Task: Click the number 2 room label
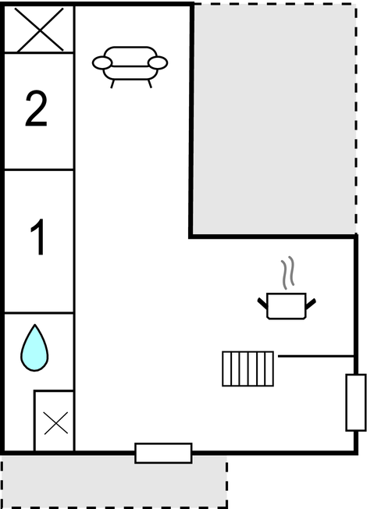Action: tap(36, 109)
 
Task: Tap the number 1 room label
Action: tap(38, 237)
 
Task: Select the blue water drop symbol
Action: tap(34, 347)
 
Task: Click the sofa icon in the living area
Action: tap(130, 67)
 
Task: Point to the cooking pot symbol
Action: tap(287, 306)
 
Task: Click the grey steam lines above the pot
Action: tap(287, 272)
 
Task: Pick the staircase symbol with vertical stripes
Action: tap(248, 368)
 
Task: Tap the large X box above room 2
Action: tap(39, 29)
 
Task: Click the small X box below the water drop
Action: tap(55, 421)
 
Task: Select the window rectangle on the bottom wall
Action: tap(163, 453)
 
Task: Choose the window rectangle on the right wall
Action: tap(356, 403)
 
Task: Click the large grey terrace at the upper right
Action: tap(274, 119)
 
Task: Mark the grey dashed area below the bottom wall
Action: tap(114, 481)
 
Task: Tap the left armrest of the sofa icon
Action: tap(102, 63)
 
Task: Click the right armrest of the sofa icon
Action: tap(158, 63)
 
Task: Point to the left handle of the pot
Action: tap(262, 303)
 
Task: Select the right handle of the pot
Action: tap(311, 304)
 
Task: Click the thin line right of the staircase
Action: tap(316, 357)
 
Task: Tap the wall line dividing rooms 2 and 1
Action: tap(39, 169)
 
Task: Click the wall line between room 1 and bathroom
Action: tap(39, 313)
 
